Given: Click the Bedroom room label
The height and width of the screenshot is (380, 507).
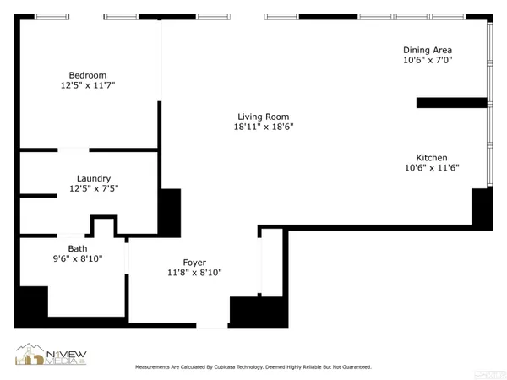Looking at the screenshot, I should click(88, 74).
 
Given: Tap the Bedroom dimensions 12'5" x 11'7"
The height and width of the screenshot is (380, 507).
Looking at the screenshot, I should click(88, 85).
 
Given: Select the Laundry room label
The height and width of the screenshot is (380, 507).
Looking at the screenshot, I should click(93, 178).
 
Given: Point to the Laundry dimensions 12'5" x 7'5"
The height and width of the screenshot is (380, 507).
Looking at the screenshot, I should click(93, 189).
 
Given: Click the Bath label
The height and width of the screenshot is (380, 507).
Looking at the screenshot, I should click(78, 248).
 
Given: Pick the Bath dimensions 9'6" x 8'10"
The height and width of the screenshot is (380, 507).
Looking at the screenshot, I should click(78, 259).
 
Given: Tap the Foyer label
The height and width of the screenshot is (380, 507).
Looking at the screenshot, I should click(194, 263).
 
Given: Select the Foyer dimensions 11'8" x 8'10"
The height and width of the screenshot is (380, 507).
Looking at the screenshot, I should click(194, 273).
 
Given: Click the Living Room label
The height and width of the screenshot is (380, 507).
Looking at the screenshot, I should click(263, 117).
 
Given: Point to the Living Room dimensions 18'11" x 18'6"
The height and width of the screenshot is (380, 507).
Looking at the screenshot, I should click(263, 128).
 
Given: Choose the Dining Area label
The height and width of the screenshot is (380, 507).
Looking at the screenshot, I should click(428, 50).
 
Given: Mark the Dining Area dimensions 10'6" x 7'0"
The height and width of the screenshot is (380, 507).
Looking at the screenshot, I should click(428, 61).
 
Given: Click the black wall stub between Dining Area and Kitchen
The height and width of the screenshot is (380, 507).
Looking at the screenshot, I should click(451, 103).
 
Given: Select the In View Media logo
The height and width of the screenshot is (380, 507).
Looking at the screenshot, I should click(51, 355).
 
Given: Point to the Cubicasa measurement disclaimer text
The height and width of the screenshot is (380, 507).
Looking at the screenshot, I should click(253, 367).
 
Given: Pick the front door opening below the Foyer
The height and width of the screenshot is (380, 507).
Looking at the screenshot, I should click(212, 325).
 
